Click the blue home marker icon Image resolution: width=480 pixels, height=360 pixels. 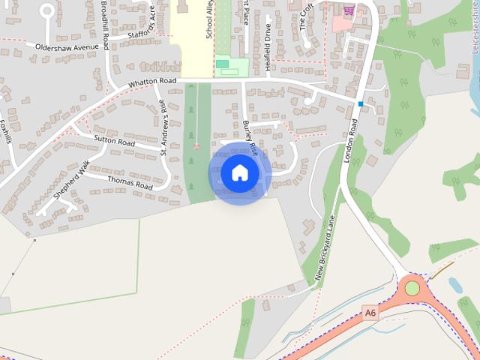(x=239, y=172)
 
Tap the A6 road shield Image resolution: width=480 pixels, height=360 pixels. (x=370, y=312)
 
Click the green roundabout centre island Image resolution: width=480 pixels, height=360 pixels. (x=412, y=287)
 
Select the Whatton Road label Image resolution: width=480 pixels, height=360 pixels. (x=151, y=82)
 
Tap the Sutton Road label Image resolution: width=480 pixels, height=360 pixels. (x=114, y=140)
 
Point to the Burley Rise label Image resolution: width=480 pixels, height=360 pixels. (x=249, y=136)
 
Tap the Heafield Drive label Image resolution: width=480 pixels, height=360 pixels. (x=268, y=48)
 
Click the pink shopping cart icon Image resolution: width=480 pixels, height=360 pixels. (x=348, y=10)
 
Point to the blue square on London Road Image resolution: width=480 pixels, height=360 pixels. (x=361, y=103)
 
